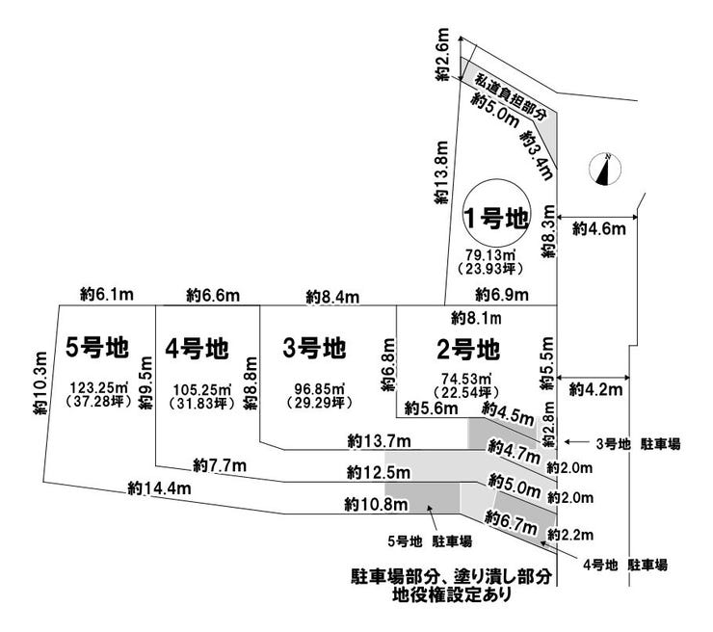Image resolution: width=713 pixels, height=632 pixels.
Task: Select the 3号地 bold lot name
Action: tap(315, 347)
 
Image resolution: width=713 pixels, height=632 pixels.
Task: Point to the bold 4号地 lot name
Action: tap(196, 347)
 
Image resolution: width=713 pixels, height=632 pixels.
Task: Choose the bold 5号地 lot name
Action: tap(97, 347)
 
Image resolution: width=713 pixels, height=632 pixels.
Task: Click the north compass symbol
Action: tap(604, 170)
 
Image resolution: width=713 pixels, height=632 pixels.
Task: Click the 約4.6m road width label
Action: tap(599, 228)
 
